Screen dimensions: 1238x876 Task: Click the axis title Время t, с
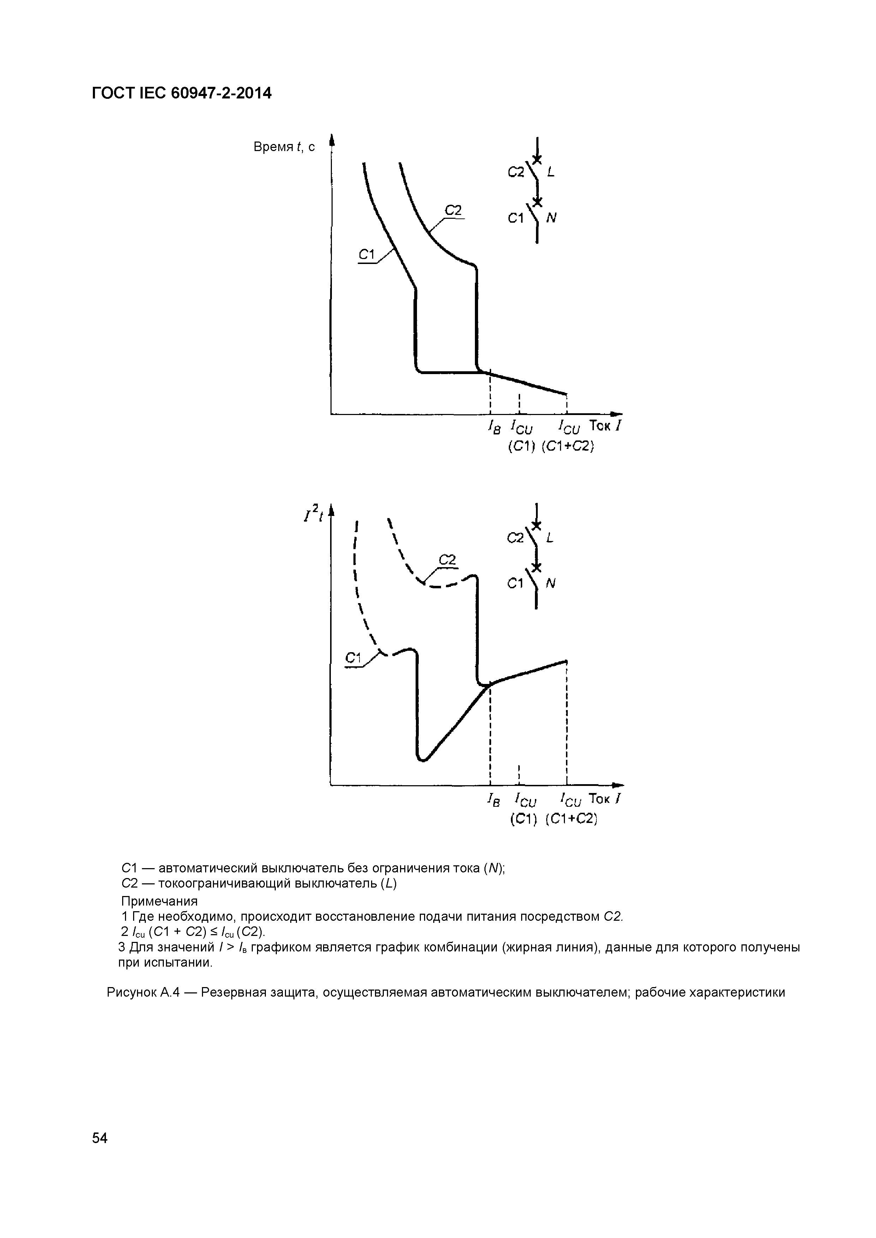coord(284,147)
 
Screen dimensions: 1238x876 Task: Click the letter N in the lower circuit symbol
coord(551,584)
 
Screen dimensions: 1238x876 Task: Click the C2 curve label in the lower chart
coord(447,561)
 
